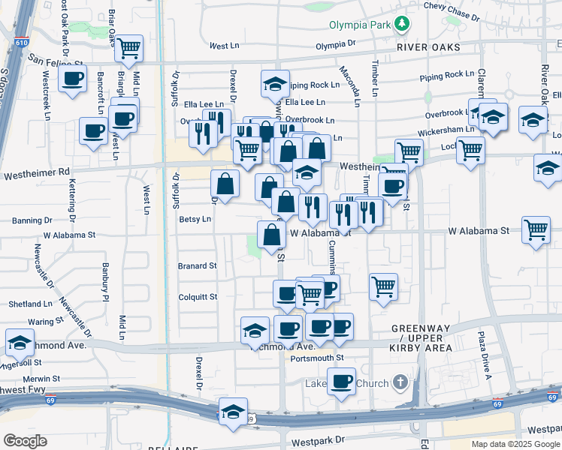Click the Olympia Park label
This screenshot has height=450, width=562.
[361, 25]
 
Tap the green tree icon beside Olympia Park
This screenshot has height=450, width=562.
[403, 25]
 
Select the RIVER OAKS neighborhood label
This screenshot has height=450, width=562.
[428, 46]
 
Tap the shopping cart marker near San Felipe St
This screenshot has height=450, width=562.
[129, 49]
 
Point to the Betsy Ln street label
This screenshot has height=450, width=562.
[195, 219]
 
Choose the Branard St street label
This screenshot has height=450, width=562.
[197, 265]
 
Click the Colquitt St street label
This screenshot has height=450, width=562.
[198, 297]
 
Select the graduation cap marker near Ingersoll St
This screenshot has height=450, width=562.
[20, 343]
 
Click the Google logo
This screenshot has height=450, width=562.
[25, 441]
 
